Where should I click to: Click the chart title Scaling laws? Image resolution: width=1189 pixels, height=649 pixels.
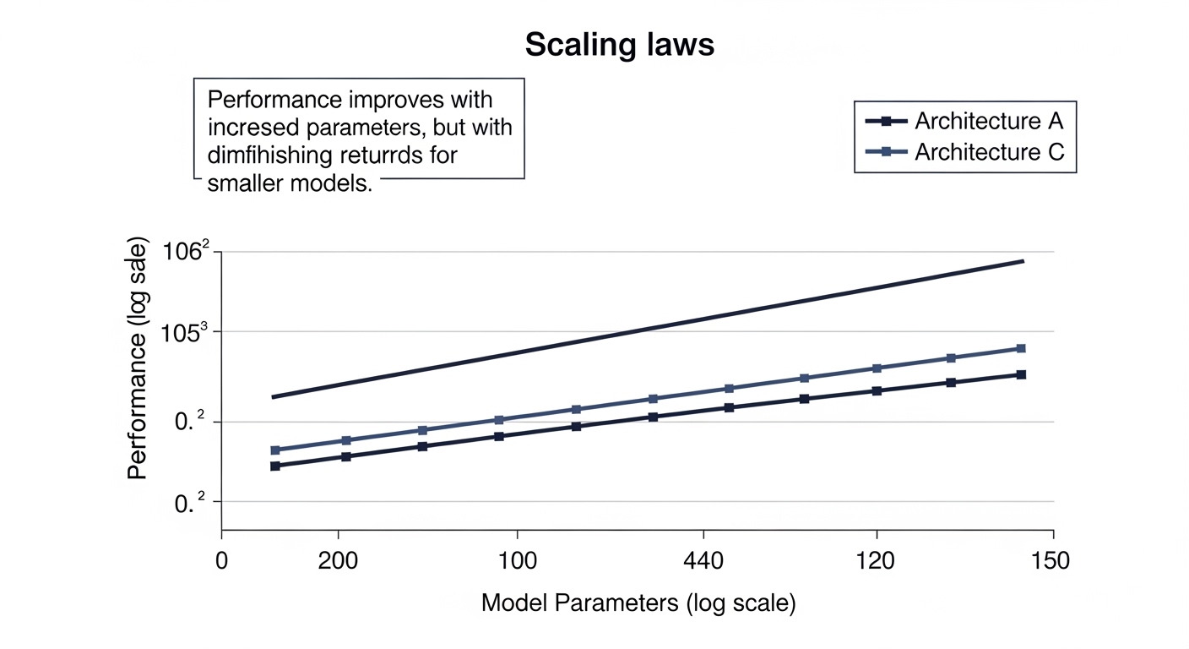point(619,45)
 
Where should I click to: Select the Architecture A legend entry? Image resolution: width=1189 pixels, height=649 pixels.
point(988,121)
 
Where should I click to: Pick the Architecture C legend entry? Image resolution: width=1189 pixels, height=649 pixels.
point(988,153)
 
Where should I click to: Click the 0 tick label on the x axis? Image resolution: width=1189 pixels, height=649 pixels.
point(221,562)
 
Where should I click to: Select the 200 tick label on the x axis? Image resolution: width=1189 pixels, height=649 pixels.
point(338,562)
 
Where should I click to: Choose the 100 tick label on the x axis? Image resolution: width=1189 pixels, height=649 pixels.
point(516,562)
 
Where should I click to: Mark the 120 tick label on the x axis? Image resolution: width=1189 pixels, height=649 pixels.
point(877,562)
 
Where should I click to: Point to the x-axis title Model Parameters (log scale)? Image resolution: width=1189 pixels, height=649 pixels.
point(638,603)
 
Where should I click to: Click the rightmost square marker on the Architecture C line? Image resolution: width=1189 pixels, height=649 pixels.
point(1020,348)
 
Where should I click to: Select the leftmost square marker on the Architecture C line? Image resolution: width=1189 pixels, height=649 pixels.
point(274,450)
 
